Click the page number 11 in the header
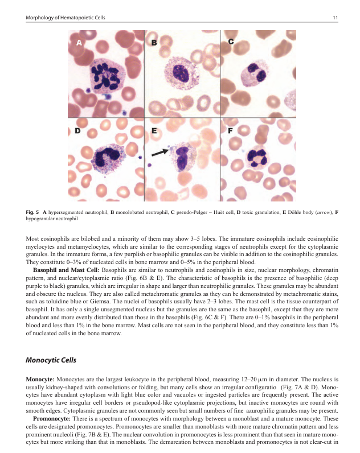[x=336, y=18]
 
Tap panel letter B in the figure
[x=154, y=43]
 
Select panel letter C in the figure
[x=231, y=42]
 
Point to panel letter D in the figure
[x=77, y=131]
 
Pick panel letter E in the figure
[x=154, y=131]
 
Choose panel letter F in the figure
[x=230, y=130]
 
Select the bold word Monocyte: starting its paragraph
[x=40, y=378]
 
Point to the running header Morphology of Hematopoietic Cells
[x=66, y=18]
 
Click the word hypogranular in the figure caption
[x=40, y=219]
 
